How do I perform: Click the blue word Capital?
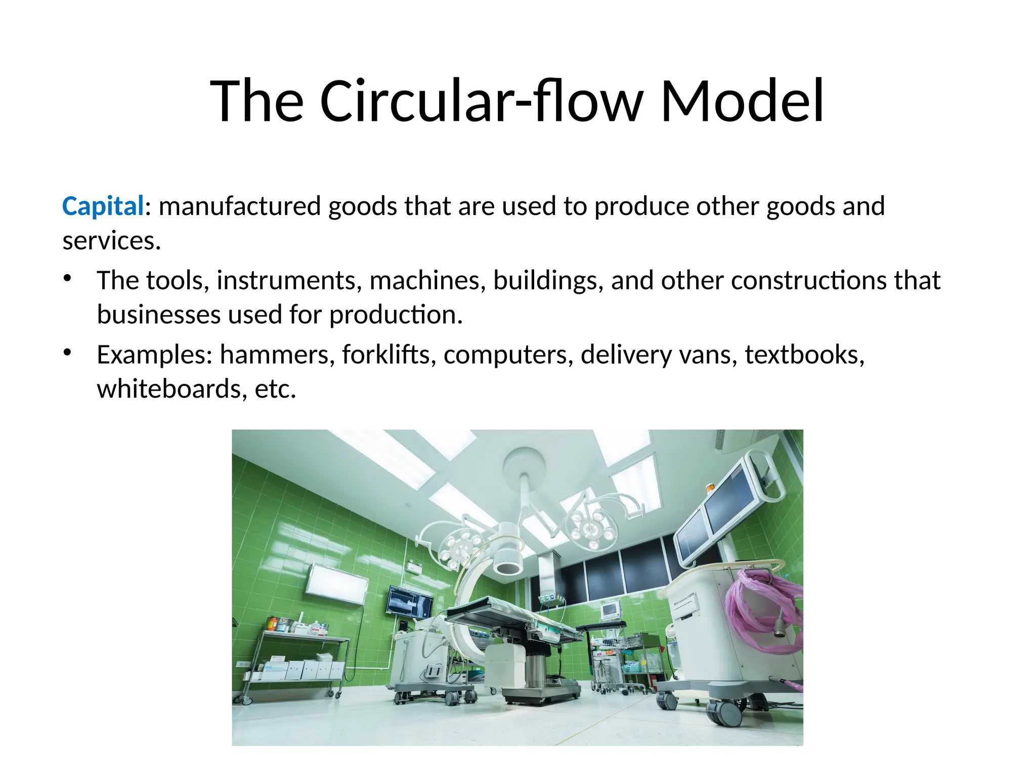point(103,206)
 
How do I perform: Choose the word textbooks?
point(804,355)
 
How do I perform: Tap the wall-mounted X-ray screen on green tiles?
point(410,602)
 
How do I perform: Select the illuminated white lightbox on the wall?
point(336,583)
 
